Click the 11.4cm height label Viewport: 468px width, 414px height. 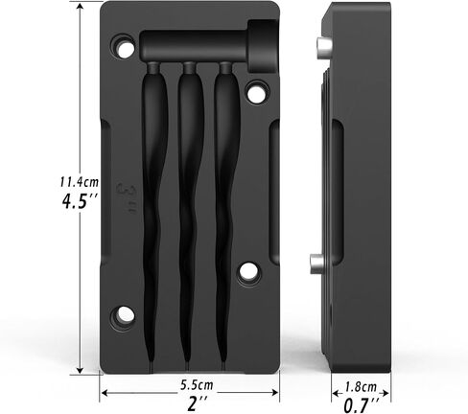(x=80, y=182)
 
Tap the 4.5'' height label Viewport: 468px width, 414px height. (x=79, y=201)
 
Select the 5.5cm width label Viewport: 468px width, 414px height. (x=197, y=384)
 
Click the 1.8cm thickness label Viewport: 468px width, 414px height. (x=361, y=387)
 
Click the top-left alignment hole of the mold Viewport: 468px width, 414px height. (x=123, y=47)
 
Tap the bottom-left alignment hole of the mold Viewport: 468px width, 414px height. (x=123, y=314)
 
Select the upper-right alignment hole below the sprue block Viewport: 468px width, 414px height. (x=257, y=92)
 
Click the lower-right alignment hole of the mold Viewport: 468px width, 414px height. (x=248, y=272)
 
